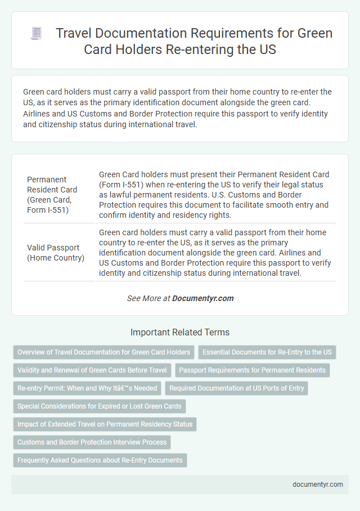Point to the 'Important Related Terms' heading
tap(179, 332)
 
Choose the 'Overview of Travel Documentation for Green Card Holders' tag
tap(103, 352)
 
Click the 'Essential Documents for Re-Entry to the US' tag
tap(267, 352)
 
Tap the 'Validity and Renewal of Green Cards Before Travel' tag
tap(92, 370)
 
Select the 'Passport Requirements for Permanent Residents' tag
tap(253, 370)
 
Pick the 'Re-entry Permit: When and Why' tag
tap(87, 388)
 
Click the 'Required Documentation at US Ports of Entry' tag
tap(236, 388)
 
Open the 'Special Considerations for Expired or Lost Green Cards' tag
tap(100, 406)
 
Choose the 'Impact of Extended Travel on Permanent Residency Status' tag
tap(105, 424)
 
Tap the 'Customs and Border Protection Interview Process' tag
tap(92, 442)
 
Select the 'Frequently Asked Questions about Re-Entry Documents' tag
tap(100, 460)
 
